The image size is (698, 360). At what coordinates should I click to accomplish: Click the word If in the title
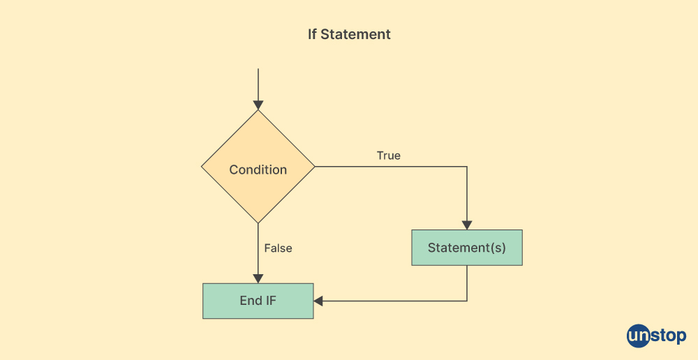(x=312, y=34)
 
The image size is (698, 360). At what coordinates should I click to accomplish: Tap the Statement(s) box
(x=466, y=248)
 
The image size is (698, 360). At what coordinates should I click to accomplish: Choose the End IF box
(x=258, y=301)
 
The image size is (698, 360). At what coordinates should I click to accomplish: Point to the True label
(x=389, y=156)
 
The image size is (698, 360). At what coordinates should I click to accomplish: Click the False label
(x=278, y=248)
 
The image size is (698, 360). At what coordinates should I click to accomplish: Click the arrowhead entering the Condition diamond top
(x=258, y=105)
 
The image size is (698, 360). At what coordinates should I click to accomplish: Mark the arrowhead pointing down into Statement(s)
(x=467, y=225)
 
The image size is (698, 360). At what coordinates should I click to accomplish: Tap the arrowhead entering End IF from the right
(x=318, y=301)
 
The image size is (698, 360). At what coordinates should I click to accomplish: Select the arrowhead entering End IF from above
(x=258, y=278)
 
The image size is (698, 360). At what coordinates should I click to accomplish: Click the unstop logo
(x=656, y=336)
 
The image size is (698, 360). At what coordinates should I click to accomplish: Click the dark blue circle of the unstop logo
(x=638, y=336)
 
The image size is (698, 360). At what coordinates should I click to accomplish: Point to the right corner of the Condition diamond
(x=314, y=167)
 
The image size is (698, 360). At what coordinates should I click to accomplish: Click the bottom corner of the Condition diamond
(x=258, y=223)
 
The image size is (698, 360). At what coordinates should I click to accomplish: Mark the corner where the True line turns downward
(x=467, y=167)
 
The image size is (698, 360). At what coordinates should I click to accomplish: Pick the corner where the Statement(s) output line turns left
(x=467, y=301)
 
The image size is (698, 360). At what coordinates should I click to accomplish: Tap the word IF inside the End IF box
(x=270, y=301)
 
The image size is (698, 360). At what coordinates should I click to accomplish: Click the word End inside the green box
(x=250, y=301)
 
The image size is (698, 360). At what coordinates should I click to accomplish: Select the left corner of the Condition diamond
(x=202, y=167)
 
